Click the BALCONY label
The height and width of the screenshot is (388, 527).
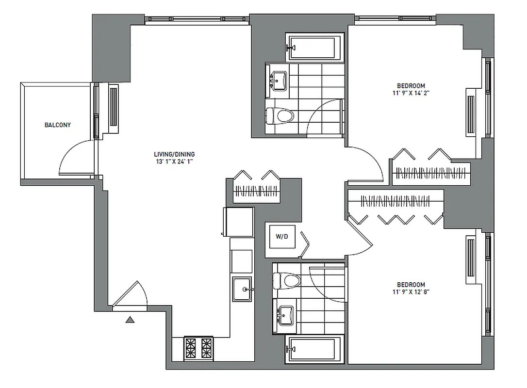pyautogui.click(x=58, y=125)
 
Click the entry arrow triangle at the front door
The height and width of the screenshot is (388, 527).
pyautogui.click(x=130, y=319)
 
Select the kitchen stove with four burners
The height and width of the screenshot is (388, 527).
pyautogui.click(x=198, y=348)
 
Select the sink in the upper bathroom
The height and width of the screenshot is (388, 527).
pyautogui.click(x=279, y=79)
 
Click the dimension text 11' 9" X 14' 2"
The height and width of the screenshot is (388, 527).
pyautogui.click(x=411, y=93)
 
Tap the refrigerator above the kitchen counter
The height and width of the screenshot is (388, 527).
pyautogui.click(x=238, y=222)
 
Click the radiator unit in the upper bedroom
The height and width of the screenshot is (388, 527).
pyautogui.click(x=470, y=114)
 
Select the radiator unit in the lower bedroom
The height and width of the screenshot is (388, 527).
pyautogui.click(x=470, y=258)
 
